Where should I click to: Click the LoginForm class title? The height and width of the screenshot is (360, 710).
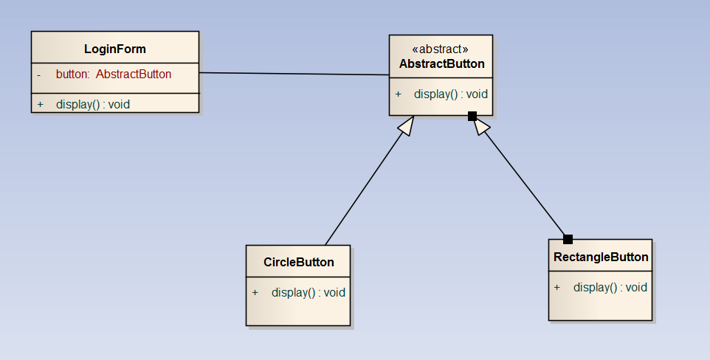[x=114, y=49]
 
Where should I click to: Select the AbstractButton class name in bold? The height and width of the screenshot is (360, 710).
[x=441, y=63]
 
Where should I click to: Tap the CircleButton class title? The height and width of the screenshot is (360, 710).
[x=298, y=262]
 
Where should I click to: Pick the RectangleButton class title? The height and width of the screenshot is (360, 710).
[x=601, y=257]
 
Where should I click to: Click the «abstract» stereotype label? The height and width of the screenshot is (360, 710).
[x=441, y=49]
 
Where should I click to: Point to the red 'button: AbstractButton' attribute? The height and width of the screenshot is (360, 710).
[x=114, y=74]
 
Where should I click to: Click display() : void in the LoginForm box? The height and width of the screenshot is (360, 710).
[x=92, y=104]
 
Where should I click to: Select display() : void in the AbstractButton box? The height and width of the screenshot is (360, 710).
[x=450, y=94]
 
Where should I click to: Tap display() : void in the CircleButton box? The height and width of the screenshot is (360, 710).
[x=308, y=292]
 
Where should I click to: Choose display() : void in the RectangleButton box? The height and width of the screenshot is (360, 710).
[x=610, y=287]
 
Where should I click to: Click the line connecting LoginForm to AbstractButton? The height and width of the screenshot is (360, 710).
[x=295, y=74]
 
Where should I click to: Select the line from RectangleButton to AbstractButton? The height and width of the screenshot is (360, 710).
[x=524, y=181]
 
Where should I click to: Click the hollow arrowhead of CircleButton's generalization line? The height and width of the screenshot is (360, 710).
[x=405, y=127]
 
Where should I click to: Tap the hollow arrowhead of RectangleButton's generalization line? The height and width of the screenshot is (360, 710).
[x=480, y=126]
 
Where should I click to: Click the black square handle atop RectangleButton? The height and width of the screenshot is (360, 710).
[x=568, y=239]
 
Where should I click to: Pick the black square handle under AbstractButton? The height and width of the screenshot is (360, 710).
[x=472, y=116]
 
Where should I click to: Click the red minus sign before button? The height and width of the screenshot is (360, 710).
[x=38, y=74]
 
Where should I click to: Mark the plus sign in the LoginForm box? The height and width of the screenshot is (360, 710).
[x=40, y=104]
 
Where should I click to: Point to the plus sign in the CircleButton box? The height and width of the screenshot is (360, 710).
[x=255, y=292]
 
